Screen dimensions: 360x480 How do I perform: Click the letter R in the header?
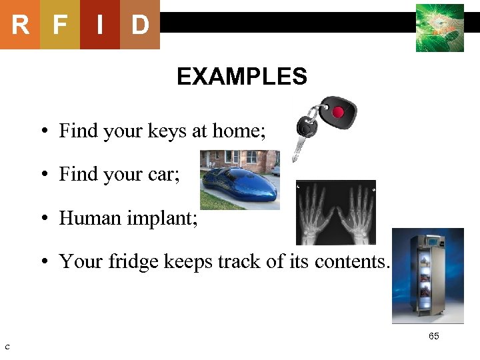pyautogui.click(x=20, y=25)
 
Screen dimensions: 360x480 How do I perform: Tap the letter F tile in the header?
pyautogui.click(x=60, y=25)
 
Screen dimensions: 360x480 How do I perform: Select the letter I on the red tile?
pyautogui.click(x=99, y=25)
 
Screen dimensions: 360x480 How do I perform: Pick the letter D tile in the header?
pyautogui.click(x=139, y=25)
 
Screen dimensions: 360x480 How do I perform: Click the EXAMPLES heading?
pyautogui.click(x=241, y=77)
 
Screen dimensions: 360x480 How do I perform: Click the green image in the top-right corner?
pyautogui.click(x=439, y=28)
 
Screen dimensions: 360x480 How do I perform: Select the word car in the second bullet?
pyautogui.click(x=163, y=175)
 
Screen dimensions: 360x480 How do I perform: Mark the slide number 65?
pyautogui.click(x=433, y=337)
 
